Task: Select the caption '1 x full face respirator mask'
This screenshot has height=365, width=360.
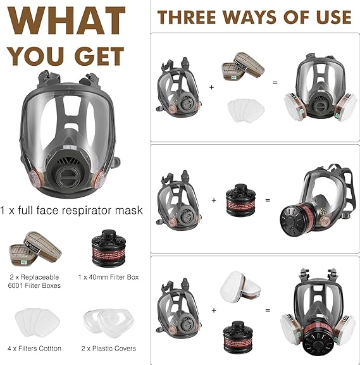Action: click(x=71, y=209)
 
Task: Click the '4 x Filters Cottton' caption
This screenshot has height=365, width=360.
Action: click(x=34, y=348)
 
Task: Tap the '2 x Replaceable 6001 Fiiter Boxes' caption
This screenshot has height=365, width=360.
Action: click(x=34, y=281)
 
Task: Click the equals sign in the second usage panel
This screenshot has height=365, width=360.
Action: click(x=267, y=200)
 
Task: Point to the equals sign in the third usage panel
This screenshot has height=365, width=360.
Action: click(x=267, y=311)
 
